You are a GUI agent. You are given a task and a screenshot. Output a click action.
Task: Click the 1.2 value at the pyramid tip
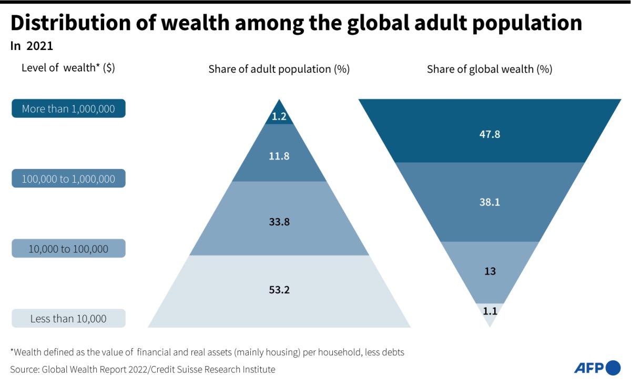(279, 117)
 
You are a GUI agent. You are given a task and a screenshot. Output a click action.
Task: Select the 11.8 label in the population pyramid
(279, 156)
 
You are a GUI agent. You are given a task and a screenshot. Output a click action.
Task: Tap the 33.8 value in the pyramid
(279, 222)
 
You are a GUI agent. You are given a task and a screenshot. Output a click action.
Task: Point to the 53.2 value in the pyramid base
(279, 290)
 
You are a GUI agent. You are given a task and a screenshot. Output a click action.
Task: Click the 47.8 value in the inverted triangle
(490, 134)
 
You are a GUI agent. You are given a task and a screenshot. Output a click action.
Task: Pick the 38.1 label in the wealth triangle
(490, 202)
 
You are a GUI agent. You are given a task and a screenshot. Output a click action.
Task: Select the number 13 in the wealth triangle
(490, 271)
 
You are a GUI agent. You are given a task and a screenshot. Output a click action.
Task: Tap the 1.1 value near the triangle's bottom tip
(490, 311)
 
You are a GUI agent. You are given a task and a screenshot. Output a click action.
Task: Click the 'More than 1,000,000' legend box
(68, 108)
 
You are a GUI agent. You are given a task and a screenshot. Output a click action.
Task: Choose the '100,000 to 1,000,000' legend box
(68, 179)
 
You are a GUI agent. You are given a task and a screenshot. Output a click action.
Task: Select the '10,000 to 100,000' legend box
(68, 249)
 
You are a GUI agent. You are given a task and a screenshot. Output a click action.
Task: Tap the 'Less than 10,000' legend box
(68, 319)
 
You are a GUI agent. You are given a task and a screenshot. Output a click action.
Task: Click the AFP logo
(597, 368)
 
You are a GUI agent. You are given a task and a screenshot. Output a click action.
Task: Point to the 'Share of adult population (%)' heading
(279, 69)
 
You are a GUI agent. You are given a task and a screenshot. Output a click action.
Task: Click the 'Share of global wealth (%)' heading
(490, 69)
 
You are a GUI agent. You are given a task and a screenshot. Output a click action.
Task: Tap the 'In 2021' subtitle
(32, 46)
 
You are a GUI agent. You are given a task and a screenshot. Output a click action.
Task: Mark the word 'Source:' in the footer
(23, 369)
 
